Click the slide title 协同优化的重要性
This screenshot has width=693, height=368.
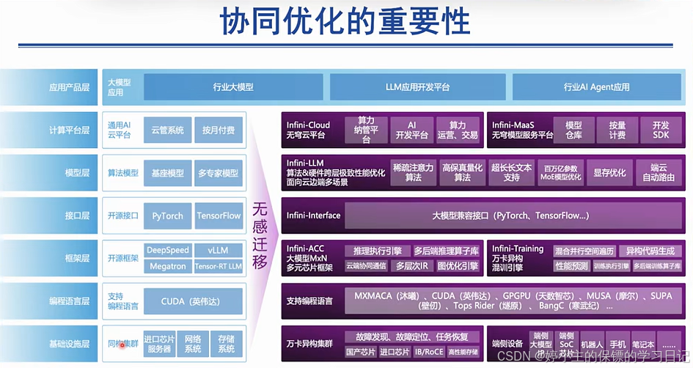346,22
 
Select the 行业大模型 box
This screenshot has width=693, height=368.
232,87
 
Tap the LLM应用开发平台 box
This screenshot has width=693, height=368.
417,87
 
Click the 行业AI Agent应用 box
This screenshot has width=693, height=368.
596,87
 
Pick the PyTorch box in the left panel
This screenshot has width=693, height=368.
166,216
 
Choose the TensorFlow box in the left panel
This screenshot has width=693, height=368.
219,216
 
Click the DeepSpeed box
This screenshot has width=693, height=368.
168,250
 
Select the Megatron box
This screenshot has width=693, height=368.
168,266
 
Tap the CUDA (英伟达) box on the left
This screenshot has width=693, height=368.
192,301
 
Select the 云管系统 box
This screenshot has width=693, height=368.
166,130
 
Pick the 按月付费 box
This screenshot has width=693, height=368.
219,130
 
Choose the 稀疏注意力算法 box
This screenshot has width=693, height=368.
413,172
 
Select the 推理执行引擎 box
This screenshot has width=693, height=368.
376,250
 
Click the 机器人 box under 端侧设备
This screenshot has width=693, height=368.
592,343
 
